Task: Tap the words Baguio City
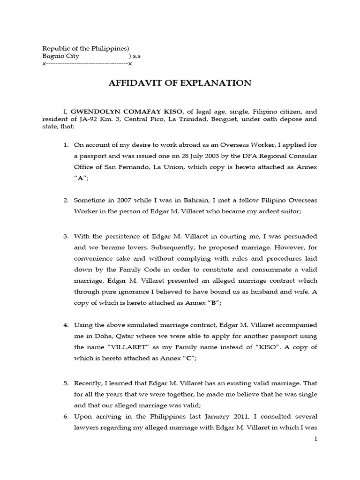[61, 56]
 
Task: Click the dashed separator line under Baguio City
[87, 63]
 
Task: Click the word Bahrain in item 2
[174, 200]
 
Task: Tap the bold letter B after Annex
[213, 303]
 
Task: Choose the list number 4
[66, 325]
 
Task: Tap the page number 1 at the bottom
[315, 439]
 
